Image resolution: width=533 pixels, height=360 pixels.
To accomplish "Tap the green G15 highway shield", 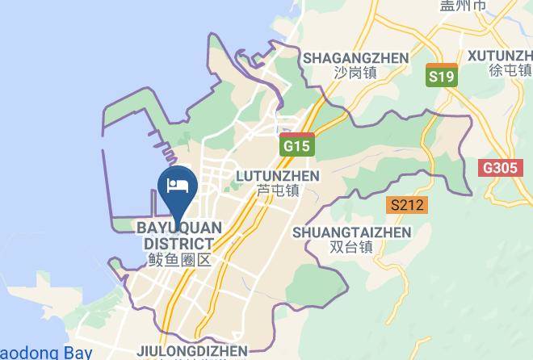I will tap(297, 147).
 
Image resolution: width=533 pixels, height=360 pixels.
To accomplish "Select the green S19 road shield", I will tap(442, 77).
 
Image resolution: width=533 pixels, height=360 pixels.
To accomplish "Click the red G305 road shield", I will tap(497, 168).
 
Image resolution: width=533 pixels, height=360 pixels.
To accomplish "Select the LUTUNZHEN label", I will tap(277, 176).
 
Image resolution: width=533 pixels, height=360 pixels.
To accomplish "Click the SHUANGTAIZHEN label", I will tap(352, 232).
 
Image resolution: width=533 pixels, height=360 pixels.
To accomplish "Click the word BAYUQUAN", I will tap(179, 228).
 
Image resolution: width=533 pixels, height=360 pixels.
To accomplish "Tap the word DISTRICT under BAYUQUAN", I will tap(179, 244).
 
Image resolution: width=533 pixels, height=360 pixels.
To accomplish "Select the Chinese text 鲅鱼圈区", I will tap(179, 260).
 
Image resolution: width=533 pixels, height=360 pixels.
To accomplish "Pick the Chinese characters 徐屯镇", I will tap(510, 70).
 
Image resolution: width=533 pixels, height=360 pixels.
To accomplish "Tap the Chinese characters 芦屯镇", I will tap(277, 191).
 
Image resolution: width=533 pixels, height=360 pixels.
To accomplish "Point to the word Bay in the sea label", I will tap(78, 353).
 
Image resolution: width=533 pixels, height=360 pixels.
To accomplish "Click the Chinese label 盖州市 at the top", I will tap(441, 5).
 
